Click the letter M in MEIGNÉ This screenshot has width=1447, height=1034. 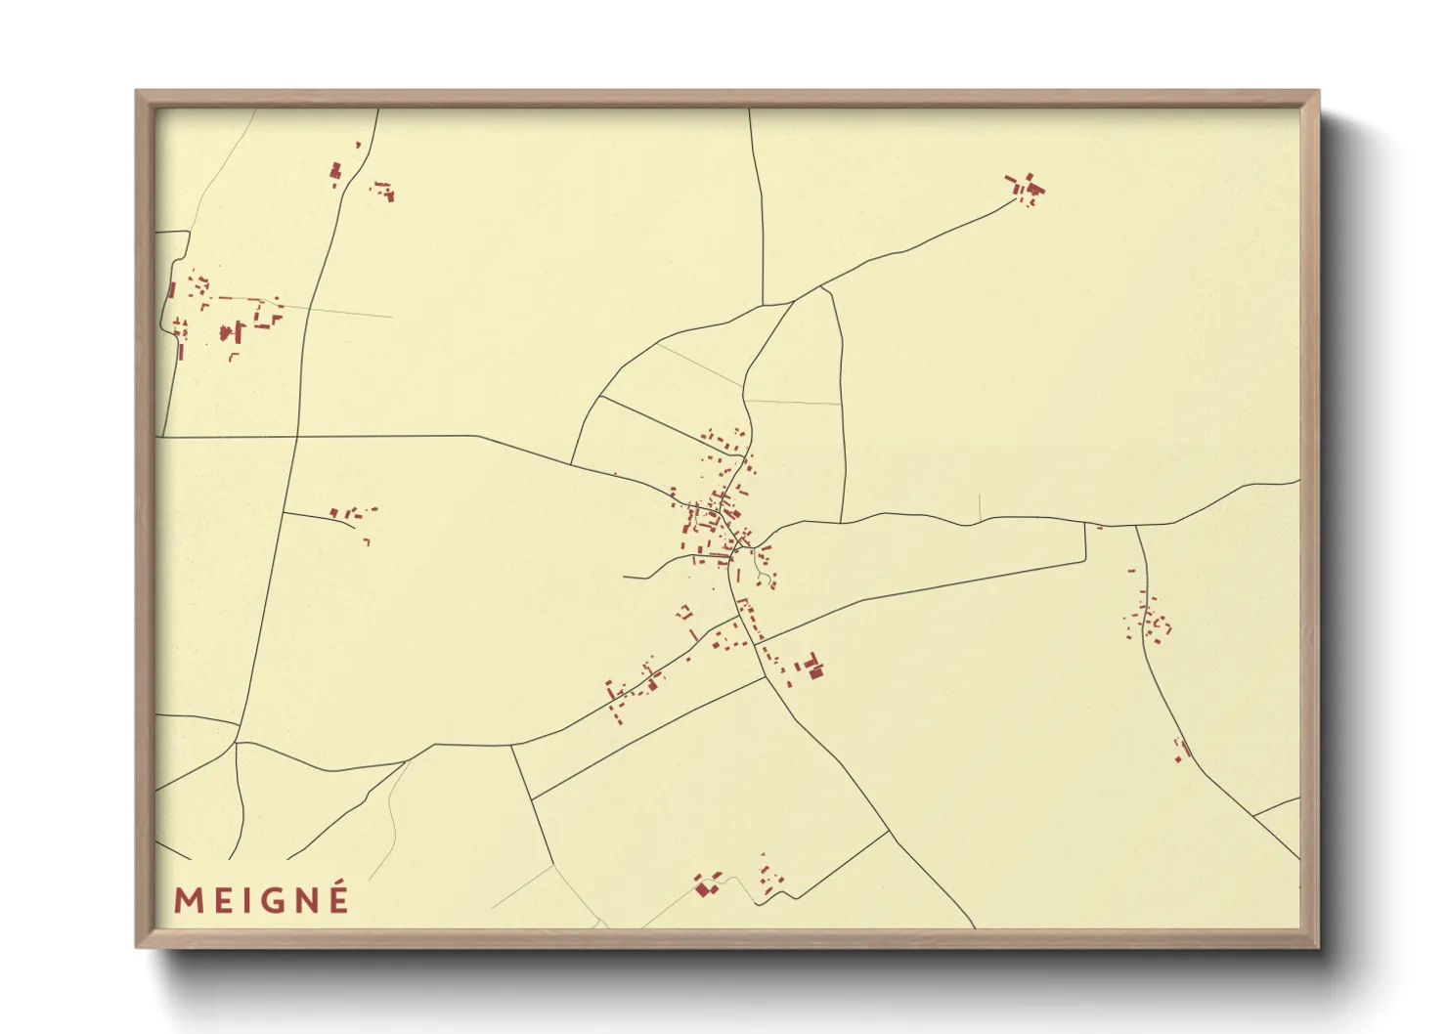[x=188, y=900]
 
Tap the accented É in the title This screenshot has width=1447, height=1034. [x=338, y=898]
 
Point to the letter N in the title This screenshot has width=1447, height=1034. [x=300, y=900]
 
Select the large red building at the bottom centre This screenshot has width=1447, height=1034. [x=705, y=887]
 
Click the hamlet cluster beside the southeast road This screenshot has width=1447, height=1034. [x=1148, y=618]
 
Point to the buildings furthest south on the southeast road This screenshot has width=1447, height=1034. [x=1182, y=750]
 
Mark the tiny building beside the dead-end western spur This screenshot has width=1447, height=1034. [x=367, y=539]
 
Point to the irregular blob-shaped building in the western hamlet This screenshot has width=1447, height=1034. [x=232, y=332]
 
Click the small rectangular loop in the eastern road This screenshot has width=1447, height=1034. [x=1085, y=543]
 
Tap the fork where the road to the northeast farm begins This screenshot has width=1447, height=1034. [x=821, y=287]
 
